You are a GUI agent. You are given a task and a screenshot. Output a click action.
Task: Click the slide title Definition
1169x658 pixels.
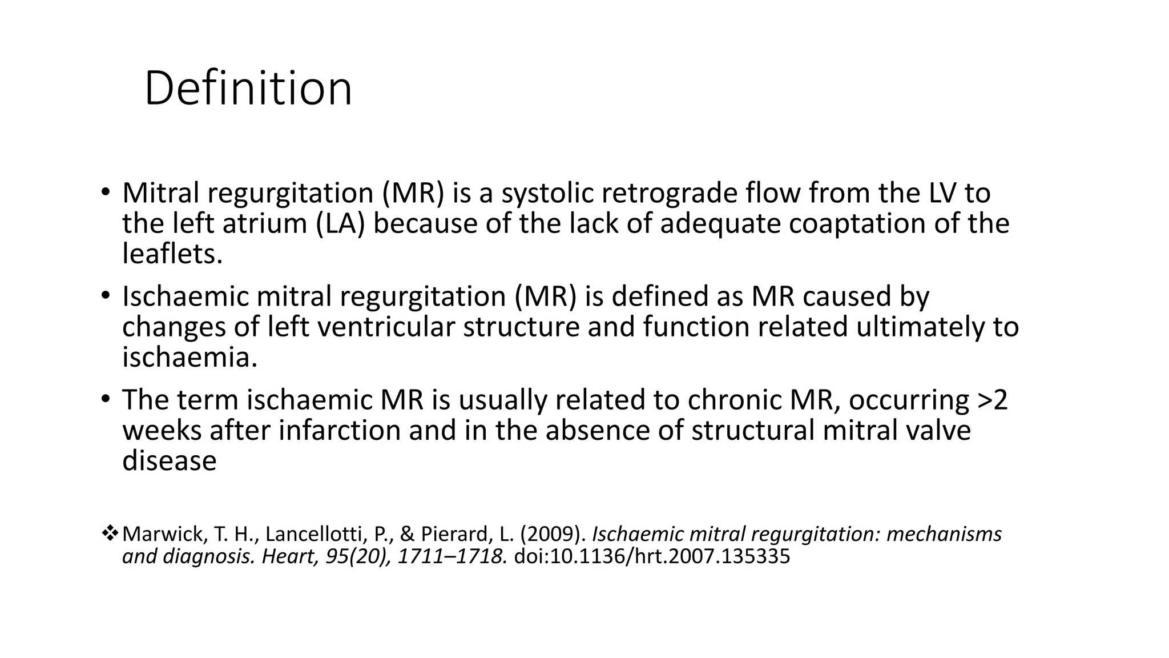pos(248,89)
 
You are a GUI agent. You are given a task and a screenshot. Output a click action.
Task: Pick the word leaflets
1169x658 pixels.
pos(172,254)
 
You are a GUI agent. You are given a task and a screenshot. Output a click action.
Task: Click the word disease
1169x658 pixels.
pos(170,460)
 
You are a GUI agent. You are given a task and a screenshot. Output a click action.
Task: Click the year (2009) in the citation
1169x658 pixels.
pos(555,534)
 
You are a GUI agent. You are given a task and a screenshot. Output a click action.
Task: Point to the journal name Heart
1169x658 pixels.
pos(288,556)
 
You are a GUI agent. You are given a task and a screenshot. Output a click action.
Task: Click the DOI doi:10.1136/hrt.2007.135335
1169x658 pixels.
pos(652,556)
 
